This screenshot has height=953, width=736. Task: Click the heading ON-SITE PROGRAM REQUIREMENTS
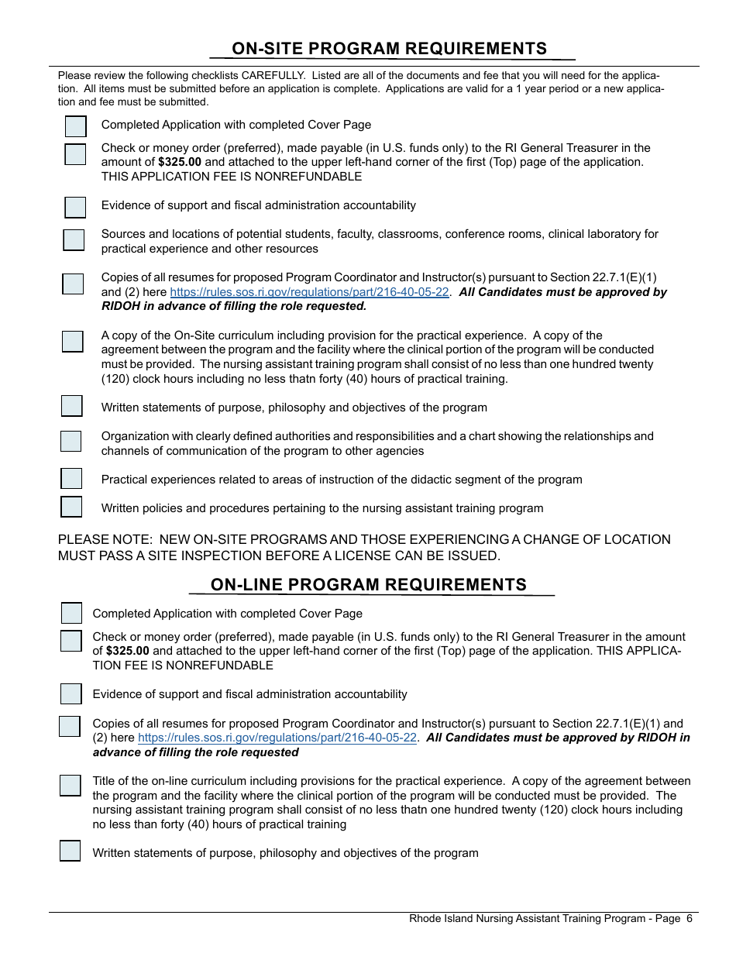(x=389, y=49)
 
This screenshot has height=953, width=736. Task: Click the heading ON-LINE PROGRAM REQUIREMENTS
(x=368, y=585)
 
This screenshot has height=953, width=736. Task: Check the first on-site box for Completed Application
(x=75, y=126)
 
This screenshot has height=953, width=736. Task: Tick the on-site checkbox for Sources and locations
(x=74, y=240)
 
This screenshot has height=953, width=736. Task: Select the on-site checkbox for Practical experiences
(x=71, y=479)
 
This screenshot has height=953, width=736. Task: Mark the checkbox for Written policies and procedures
(x=71, y=507)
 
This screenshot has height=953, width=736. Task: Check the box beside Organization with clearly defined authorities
(x=71, y=442)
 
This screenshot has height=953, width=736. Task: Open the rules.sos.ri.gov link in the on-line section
(x=277, y=738)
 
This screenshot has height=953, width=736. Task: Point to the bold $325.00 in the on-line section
(x=127, y=651)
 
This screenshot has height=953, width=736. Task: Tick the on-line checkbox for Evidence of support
(x=71, y=693)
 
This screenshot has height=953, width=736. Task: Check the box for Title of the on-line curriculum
(x=70, y=786)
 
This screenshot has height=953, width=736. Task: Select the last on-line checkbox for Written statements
(x=70, y=851)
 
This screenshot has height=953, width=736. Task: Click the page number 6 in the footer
(x=689, y=919)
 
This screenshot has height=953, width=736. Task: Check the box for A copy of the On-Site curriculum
(x=72, y=342)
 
